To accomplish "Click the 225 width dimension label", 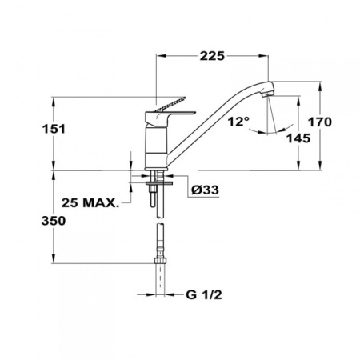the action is (x=212, y=56).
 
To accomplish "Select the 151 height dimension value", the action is (x=54, y=129).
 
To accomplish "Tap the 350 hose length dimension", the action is (x=54, y=221).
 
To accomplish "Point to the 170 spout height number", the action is (x=320, y=122).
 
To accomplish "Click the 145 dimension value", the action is (x=298, y=138).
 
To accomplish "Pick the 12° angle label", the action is (x=238, y=122).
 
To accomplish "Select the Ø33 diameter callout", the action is (x=205, y=190).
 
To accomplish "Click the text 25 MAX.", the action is (x=90, y=203).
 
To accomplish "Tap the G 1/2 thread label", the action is (x=204, y=294).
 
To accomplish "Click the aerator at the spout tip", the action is (x=268, y=94).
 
